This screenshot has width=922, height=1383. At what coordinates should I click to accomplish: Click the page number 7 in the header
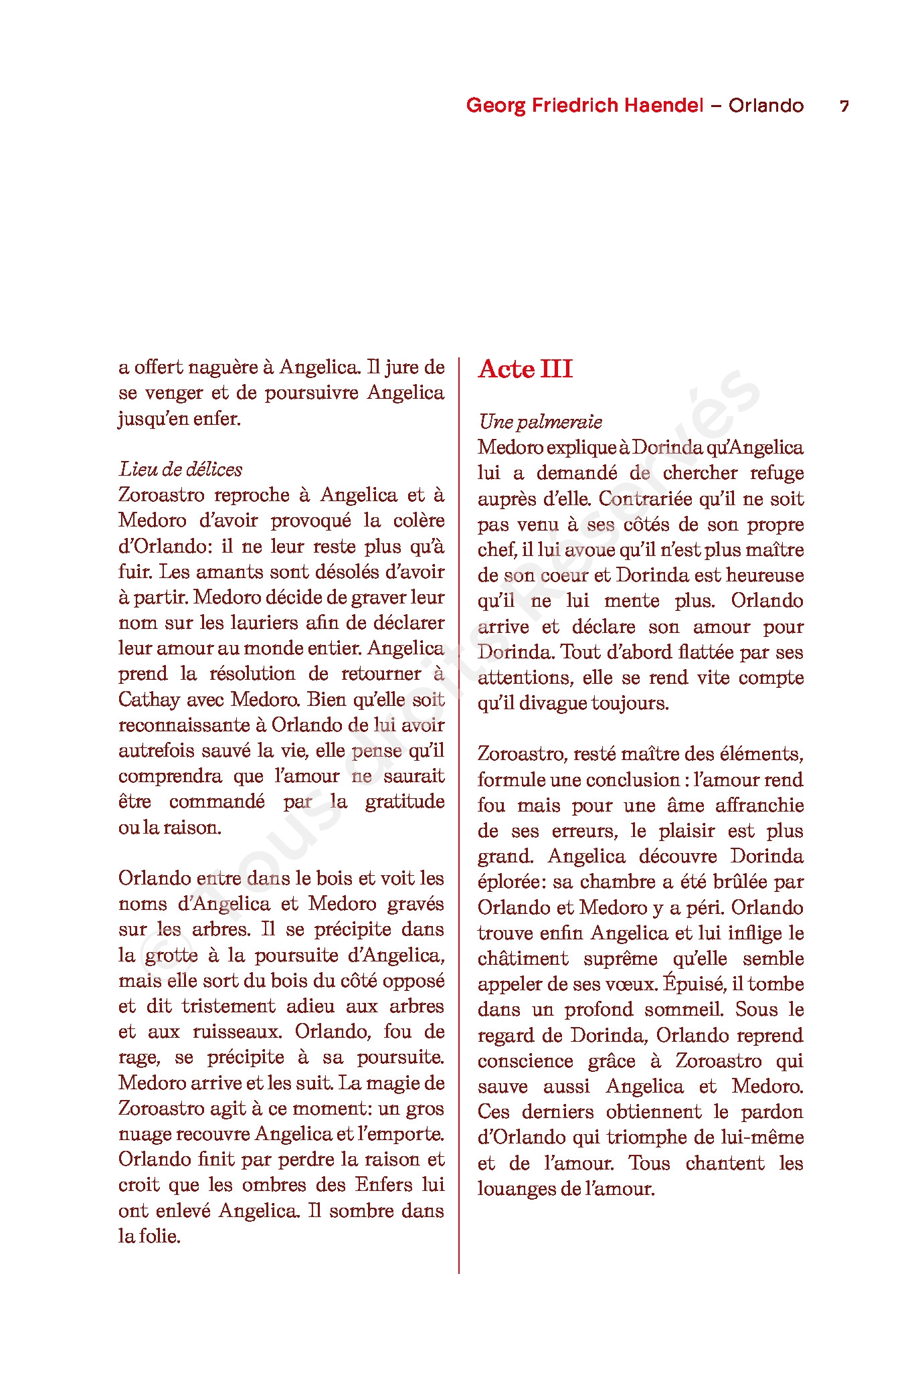(x=844, y=106)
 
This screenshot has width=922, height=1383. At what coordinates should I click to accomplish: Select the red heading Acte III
(x=525, y=369)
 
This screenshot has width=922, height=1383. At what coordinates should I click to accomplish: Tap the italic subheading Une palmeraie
(x=540, y=422)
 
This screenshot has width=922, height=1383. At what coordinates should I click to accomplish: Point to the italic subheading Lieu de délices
(x=180, y=469)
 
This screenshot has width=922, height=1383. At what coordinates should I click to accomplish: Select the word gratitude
(x=404, y=802)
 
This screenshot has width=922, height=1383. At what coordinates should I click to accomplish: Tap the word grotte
(x=171, y=955)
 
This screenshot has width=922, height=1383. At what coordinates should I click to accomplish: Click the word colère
(x=418, y=521)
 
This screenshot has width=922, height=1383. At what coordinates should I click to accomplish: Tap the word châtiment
(x=523, y=959)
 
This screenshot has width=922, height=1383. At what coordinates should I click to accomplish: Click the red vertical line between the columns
(x=459, y=803)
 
